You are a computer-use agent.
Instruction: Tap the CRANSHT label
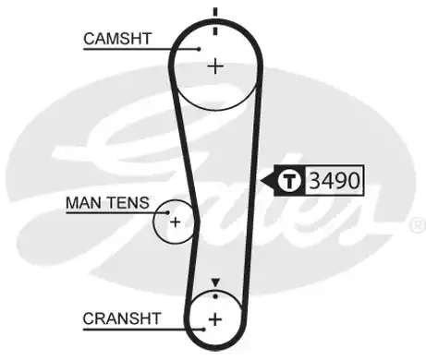[122, 318]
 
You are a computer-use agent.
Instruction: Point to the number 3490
[335, 179]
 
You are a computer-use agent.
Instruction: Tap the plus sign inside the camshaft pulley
[215, 66]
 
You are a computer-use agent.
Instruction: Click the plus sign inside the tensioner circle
[175, 222]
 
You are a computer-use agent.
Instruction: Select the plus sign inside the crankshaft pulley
[214, 319]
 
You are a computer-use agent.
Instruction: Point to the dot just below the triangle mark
[215, 294]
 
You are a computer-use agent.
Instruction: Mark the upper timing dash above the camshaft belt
[215, 13]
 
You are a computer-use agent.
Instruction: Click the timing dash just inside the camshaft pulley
[215, 30]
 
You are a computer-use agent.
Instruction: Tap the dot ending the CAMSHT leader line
[199, 49]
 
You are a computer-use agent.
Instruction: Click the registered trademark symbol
[417, 224]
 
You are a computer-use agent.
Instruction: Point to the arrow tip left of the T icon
[265, 179]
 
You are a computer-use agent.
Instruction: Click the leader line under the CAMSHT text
[139, 49]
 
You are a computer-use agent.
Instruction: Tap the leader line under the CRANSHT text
[139, 330]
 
